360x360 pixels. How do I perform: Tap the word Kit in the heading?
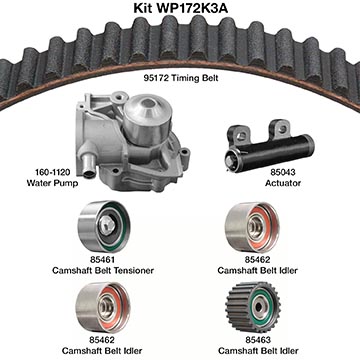[142, 8]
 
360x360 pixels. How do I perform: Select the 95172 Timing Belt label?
[181, 78]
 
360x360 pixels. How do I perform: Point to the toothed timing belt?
[180, 43]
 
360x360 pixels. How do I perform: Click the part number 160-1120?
[53, 172]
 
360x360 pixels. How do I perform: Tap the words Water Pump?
[52, 183]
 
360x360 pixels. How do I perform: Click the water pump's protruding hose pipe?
[88, 164]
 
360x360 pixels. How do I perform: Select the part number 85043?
[283, 172]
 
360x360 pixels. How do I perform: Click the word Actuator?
[283, 183]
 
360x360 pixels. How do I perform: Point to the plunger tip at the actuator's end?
[231, 161]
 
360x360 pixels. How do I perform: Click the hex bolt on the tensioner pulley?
[107, 224]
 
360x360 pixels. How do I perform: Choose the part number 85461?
[102, 259]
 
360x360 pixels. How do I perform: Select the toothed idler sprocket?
[253, 307]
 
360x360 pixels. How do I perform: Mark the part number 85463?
[258, 340]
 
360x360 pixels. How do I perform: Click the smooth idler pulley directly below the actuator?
[252, 227]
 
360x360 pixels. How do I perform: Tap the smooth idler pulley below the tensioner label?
[103, 307]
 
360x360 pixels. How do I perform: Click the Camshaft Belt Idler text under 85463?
[258, 351]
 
